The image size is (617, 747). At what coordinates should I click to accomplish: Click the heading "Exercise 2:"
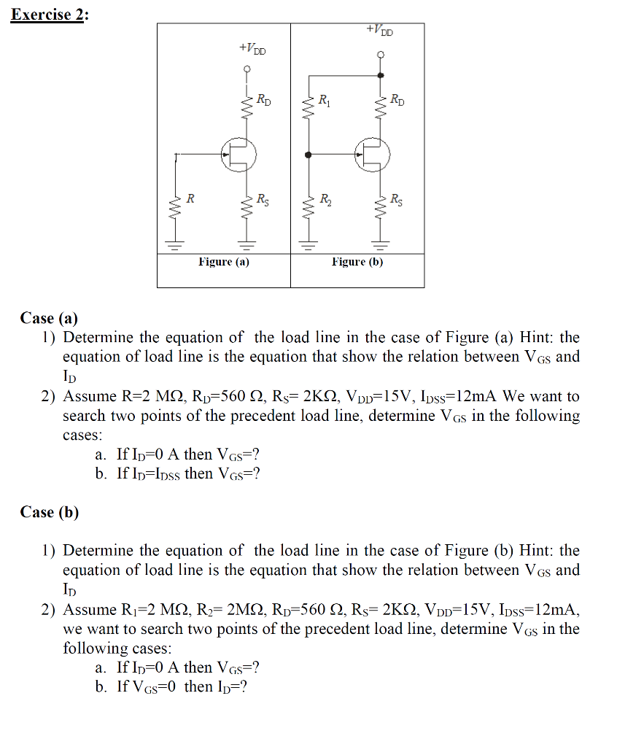(x=48, y=15)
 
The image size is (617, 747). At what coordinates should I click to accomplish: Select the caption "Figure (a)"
(x=224, y=262)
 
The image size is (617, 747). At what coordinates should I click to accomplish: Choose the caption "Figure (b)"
(x=357, y=262)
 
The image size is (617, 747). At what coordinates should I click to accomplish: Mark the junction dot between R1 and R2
(x=308, y=155)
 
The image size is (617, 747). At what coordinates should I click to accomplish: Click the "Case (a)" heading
(x=49, y=318)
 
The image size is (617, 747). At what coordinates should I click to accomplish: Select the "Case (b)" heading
(x=50, y=512)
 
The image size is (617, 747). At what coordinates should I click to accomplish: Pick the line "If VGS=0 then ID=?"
(x=182, y=687)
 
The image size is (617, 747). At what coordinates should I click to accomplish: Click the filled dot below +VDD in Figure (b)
(x=380, y=74)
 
